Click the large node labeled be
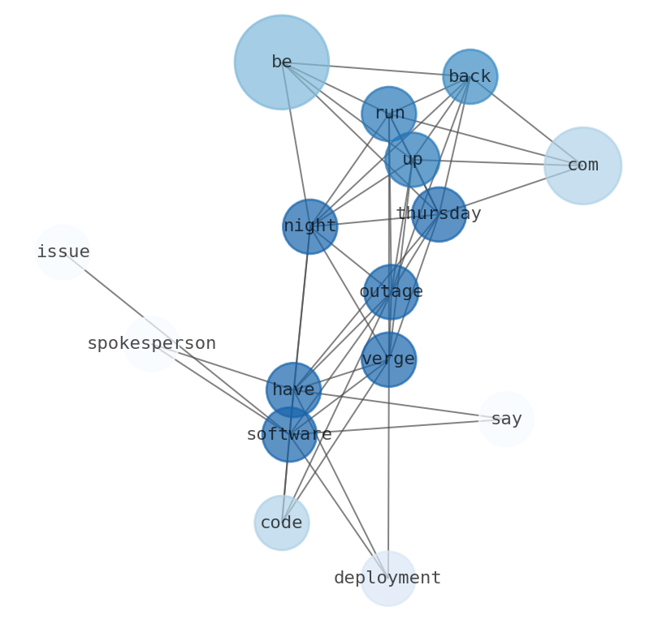point(281,62)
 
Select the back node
point(470,77)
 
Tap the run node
point(388,114)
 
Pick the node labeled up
point(412,160)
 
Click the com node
point(582,166)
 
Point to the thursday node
point(439,214)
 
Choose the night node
point(310,226)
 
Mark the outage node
point(391,291)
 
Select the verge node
point(388,359)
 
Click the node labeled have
point(293,390)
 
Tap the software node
point(289,434)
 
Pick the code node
point(281,523)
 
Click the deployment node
point(387,578)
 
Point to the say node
point(506,419)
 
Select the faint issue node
point(63,252)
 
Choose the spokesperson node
point(151,344)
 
